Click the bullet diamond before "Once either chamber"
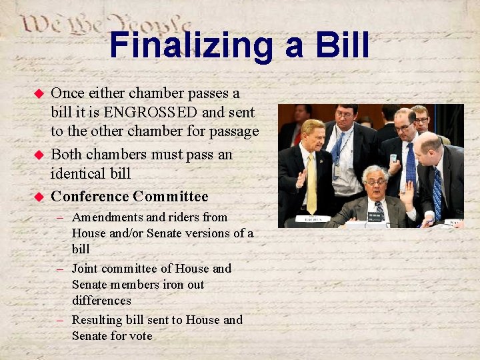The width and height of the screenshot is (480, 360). click(x=39, y=93)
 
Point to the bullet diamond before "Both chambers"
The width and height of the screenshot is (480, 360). click(x=39, y=155)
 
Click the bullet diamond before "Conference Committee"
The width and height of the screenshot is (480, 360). click(x=39, y=197)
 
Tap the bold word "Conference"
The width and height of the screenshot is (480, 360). click(x=89, y=197)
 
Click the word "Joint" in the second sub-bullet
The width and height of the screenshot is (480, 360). click(x=86, y=269)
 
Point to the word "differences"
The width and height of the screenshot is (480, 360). click(x=101, y=301)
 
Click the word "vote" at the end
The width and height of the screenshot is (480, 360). click(x=139, y=336)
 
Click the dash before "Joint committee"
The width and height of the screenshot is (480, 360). click(x=59, y=269)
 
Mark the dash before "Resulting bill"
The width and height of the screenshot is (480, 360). click(x=59, y=320)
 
